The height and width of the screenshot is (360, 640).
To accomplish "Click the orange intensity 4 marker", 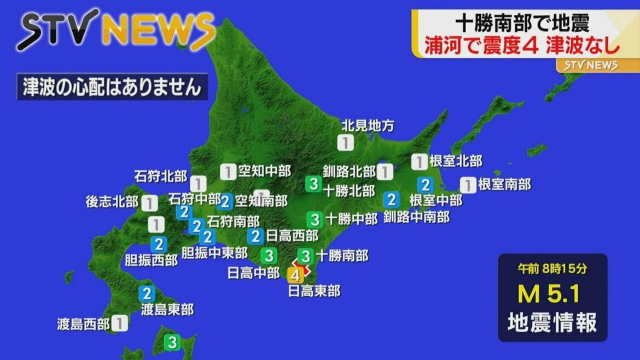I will (x=295, y=275).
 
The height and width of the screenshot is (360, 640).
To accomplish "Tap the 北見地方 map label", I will (x=368, y=126).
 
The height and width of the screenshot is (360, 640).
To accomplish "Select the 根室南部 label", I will (x=504, y=184).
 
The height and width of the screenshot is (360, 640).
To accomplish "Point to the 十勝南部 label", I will (x=342, y=256).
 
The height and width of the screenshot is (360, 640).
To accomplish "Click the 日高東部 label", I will (x=314, y=291).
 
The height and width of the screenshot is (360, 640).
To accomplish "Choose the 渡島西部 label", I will (x=83, y=324).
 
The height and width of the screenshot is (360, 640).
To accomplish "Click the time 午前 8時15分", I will (x=552, y=269).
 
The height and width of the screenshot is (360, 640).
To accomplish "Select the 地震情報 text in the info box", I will (x=552, y=323).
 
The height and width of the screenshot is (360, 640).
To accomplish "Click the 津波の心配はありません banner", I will (x=112, y=88).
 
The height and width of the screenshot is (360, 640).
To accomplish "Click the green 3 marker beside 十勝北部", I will (x=313, y=183).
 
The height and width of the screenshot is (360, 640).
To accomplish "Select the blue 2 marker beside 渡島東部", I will (x=146, y=294).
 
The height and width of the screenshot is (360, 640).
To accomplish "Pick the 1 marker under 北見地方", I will (x=345, y=143).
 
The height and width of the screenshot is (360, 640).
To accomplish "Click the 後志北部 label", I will (x=112, y=202).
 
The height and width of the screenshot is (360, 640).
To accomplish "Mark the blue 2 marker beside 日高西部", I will (x=255, y=236).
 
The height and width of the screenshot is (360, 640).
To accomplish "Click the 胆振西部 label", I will (x=152, y=260).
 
